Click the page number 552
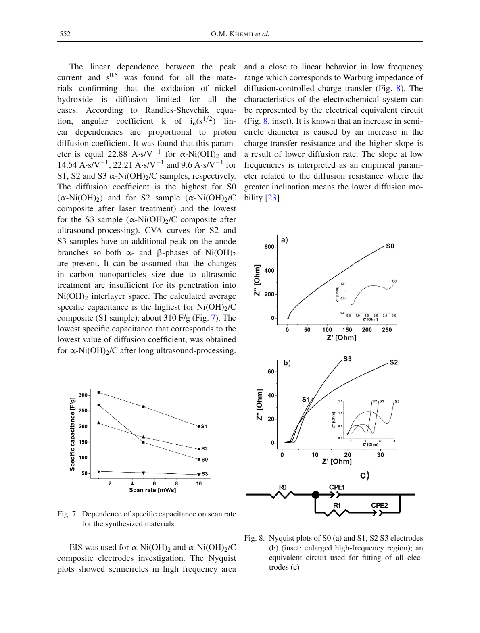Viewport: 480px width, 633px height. click(x=65, y=34)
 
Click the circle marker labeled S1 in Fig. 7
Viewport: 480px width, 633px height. click(x=199, y=426)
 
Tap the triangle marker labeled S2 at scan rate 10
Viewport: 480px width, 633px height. click(x=199, y=448)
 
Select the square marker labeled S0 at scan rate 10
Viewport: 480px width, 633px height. click(x=199, y=459)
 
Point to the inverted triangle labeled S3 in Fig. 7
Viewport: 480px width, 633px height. click(x=199, y=475)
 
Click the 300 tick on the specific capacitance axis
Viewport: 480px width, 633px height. click(x=83, y=395)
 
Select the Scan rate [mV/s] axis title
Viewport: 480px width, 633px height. click(x=152, y=490)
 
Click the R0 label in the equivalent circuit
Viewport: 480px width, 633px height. click(x=283, y=487)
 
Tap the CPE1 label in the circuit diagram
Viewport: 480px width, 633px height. click(x=337, y=487)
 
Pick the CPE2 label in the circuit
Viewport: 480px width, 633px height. click(x=379, y=505)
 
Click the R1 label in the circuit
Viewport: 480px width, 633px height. click(x=337, y=505)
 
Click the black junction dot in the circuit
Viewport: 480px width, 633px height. click(x=316, y=494)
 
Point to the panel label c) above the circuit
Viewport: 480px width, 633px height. click(x=365, y=475)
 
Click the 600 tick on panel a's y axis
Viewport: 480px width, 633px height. click(x=269, y=247)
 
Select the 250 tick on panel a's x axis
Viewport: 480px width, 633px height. click(x=387, y=330)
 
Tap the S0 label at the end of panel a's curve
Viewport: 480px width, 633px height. click(x=390, y=246)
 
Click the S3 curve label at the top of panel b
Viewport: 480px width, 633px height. click(x=347, y=359)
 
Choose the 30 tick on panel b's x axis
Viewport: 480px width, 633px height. click(x=380, y=455)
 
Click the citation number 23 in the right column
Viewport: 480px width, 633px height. click(x=272, y=198)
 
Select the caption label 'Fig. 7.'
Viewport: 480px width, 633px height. click(x=67, y=514)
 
